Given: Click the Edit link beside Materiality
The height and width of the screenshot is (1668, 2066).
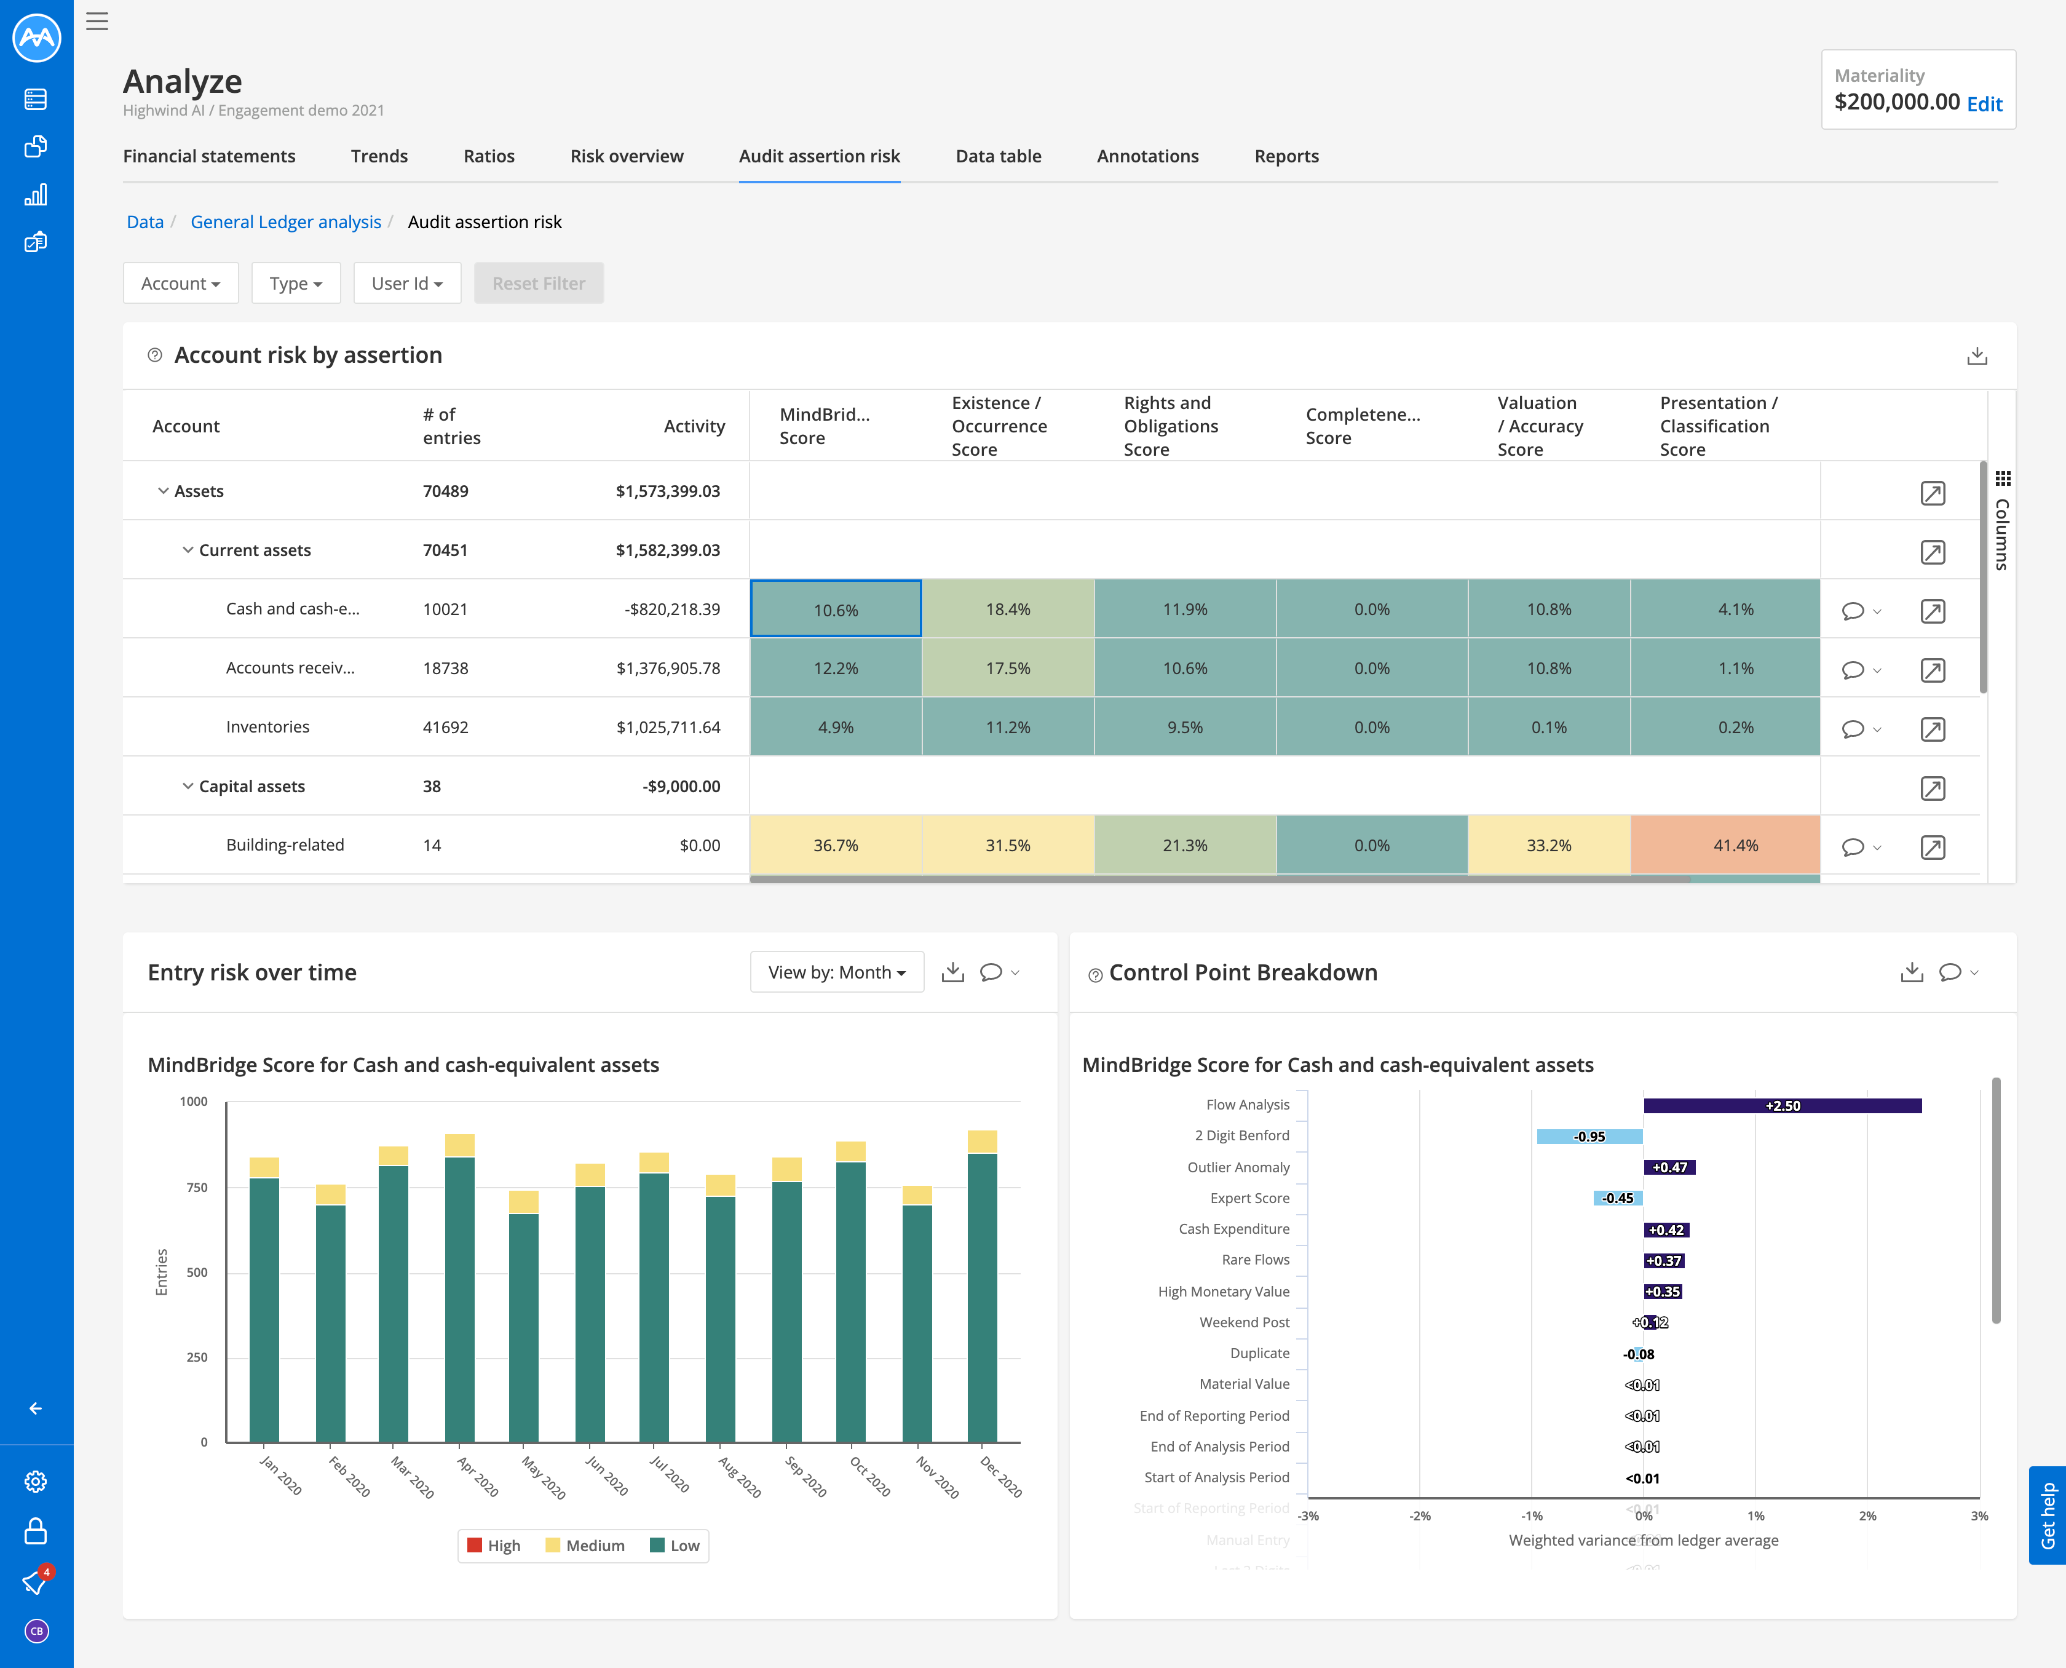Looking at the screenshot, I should [x=1984, y=104].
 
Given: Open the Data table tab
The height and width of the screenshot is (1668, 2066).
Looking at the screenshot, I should [x=998, y=156].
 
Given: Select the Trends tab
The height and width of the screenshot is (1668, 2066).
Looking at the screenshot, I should [x=378, y=156].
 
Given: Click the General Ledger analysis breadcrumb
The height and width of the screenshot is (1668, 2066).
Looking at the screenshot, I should [x=285, y=222].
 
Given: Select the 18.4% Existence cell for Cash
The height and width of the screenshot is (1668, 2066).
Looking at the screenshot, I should [x=1008, y=609].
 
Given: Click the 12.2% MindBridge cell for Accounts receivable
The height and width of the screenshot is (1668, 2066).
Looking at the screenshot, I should [x=836, y=668].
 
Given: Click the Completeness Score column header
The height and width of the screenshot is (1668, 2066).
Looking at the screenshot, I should [x=1362, y=426].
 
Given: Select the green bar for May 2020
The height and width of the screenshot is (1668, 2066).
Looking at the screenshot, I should [x=523, y=1326].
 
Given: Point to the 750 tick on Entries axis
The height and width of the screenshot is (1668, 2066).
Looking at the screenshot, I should [x=197, y=1188].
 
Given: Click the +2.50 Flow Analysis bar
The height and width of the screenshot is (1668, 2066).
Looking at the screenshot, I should [x=1782, y=1106].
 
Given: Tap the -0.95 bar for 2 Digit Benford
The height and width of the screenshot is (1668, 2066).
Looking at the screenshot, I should [x=1589, y=1137].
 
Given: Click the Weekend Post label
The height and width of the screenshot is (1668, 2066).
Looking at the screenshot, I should [x=1244, y=1322].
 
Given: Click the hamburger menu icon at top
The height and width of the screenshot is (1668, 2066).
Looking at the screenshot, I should [x=97, y=21].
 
